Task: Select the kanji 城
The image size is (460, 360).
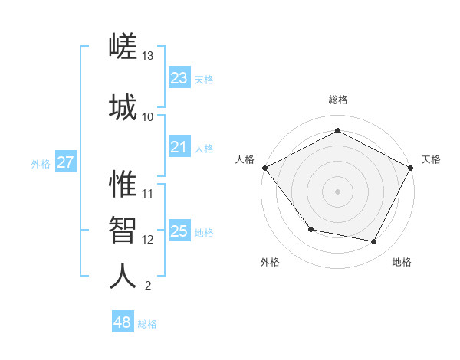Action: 123,106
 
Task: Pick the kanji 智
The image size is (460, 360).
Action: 123,230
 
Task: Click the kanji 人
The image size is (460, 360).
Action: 123,276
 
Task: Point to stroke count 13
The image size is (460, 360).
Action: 148,56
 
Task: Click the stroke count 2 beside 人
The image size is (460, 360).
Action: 148,286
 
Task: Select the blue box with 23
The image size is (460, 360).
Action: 179,77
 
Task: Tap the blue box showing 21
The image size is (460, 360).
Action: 179,147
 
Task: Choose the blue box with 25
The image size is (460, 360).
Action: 179,231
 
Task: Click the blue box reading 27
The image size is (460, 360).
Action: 65,162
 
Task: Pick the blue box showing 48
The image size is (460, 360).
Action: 123,322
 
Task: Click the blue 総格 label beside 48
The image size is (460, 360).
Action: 147,324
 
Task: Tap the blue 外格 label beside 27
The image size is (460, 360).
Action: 41,163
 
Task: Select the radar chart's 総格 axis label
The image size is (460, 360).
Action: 337,100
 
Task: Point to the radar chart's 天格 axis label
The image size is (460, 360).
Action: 431,159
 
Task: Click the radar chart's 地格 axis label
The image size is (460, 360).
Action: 402,262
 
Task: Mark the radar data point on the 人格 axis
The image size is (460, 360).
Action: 264,168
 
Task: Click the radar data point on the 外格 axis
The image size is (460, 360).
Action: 310,229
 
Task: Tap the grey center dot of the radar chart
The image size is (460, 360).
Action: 337,191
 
